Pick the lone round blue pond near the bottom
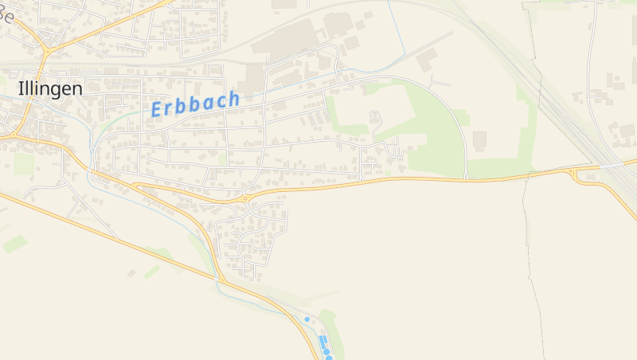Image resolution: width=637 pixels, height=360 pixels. (x=307, y=319)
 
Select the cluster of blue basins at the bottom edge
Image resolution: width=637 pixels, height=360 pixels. (x=325, y=347)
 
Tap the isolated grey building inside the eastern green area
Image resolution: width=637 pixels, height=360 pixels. (x=479, y=141)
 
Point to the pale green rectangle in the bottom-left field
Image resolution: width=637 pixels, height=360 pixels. (x=14, y=244)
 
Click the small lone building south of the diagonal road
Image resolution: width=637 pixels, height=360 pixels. (x=131, y=273)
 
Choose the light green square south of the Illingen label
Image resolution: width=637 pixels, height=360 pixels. (x=24, y=163)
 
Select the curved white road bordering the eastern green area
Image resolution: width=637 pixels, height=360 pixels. (x=458, y=119)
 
